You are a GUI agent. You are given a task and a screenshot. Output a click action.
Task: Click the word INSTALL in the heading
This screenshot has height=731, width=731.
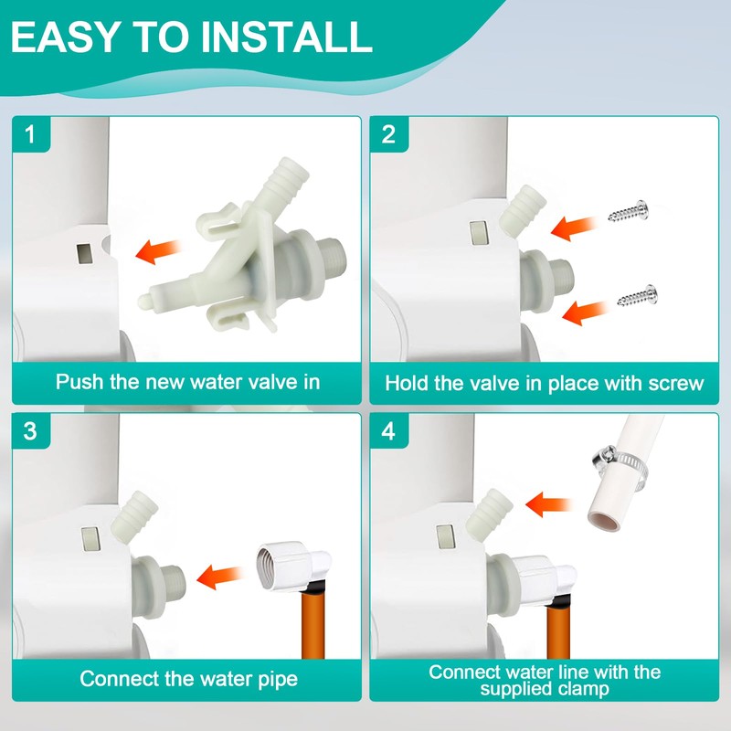pos(287,37)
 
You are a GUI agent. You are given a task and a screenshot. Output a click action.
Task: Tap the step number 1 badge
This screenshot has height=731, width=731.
pos(31,134)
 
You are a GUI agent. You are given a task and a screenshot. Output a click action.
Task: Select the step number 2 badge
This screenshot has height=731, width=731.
pos(389,134)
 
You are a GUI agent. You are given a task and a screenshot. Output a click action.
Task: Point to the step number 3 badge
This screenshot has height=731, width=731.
pos(31,430)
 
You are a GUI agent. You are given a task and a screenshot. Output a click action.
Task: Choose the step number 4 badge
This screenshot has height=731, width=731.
pos(389,430)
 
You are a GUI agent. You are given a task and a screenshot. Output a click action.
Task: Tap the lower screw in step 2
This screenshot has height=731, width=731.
pos(638,296)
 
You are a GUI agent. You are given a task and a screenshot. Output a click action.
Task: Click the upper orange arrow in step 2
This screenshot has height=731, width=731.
pos(574,228)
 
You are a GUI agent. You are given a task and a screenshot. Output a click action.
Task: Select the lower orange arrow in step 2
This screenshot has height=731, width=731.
pos(585,312)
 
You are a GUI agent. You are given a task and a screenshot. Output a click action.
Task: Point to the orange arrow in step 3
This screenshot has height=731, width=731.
pos(220,577)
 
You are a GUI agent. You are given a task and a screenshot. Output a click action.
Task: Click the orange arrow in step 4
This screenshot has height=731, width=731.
pos(549,504)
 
